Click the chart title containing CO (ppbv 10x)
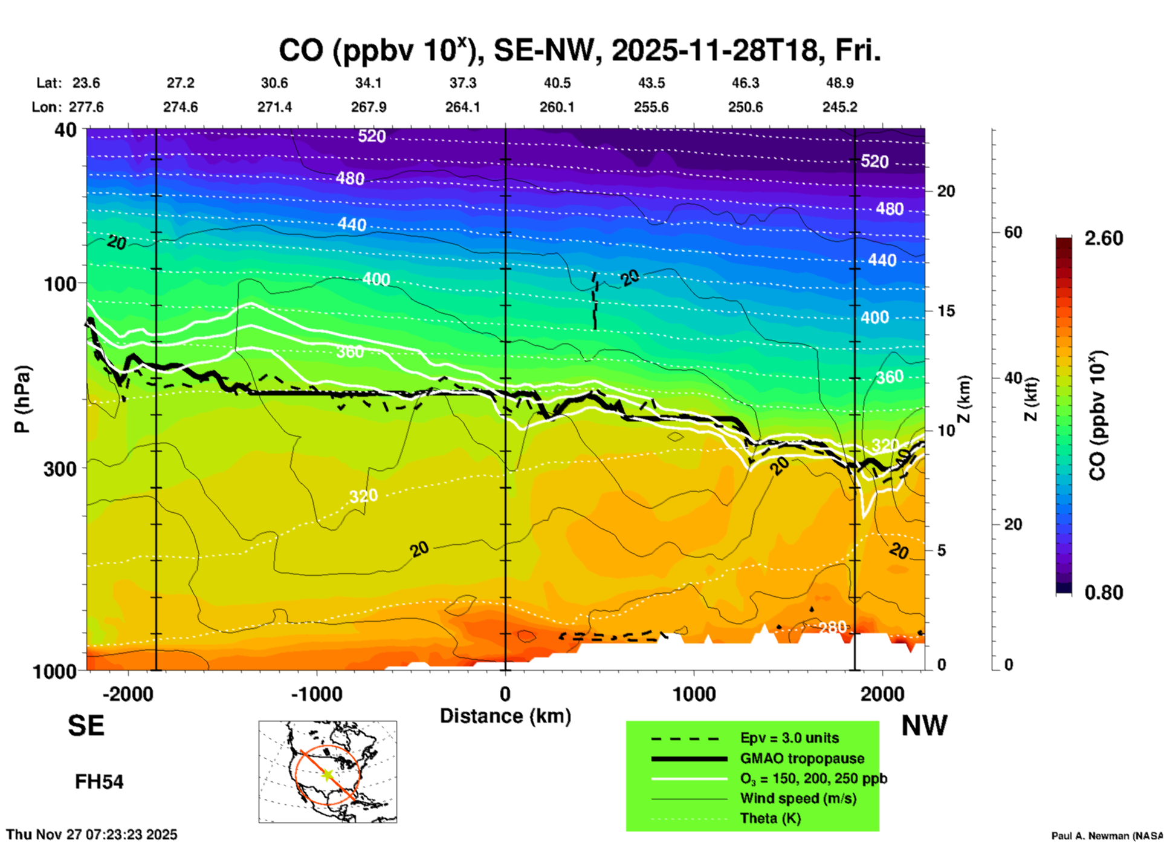pyautogui.click(x=579, y=51)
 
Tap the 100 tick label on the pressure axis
pyautogui.click(x=61, y=284)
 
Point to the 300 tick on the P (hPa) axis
pyautogui.click(x=61, y=469)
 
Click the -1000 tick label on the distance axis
pyautogui.click(x=315, y=694)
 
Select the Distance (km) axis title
pyautogui.click(x=505, y=716)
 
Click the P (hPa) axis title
pyautogui.click(x=22, y=399)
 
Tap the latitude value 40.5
pyautogui.click(x=557, y=83)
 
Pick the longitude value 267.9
pyautogui.click(x=369, y=107)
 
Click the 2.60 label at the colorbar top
pyautogui.click(x=1104, y=238)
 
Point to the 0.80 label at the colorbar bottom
pyautogui.click(x=1104, y=592)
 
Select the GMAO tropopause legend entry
pyautogui.click(x=802, y=758)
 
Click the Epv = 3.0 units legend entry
pyautogui.click(x=789, y=738)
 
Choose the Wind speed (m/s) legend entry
pyautogui.click(x=798, y=798)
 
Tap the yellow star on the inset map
pyautogui.click(x=327, y=774)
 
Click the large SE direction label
pyautogui.click(x=86, y=726)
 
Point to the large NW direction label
pyautogui.click(x=924, y=726)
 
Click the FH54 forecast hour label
pyautogui.click(x=99, y=782)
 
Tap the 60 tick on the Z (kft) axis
pyautogui.click(x=1013, y=232)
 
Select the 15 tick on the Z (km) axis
pyautogui.click(x=946, y=311)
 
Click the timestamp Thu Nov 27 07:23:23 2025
pyautogui.click(x=92, y=835)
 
